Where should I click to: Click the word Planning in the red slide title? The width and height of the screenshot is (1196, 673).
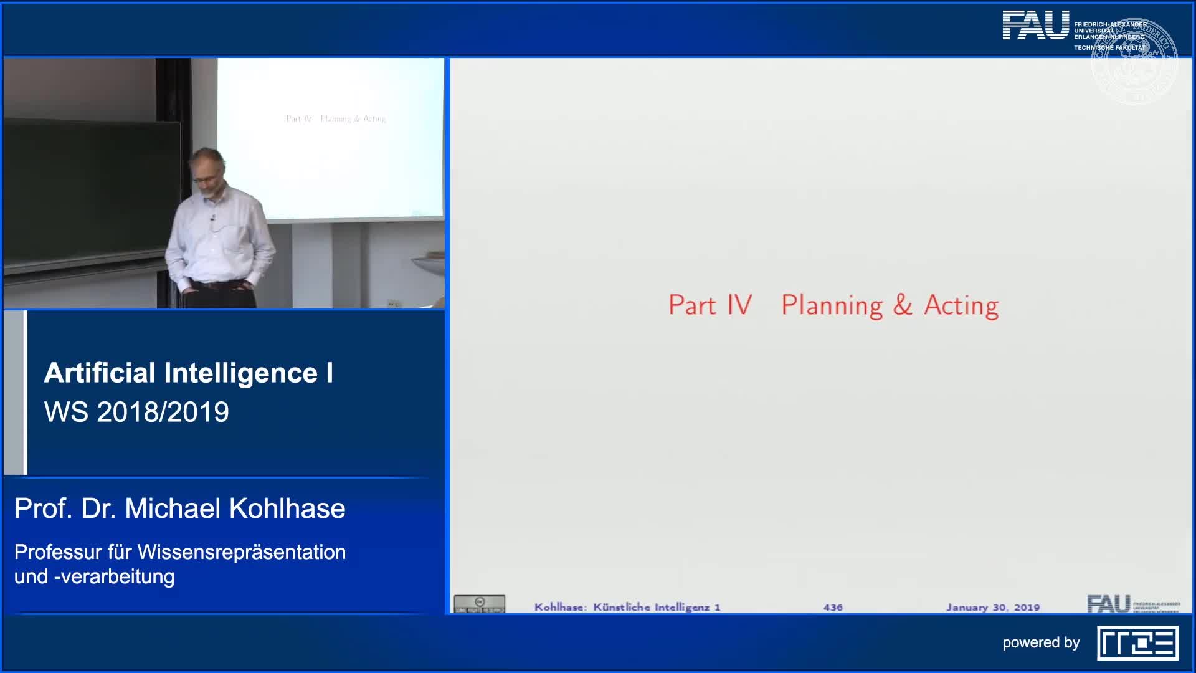pos(832,305)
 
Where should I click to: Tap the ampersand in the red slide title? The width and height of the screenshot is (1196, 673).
pos(902,305)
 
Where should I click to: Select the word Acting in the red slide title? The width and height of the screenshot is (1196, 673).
pos(961,305)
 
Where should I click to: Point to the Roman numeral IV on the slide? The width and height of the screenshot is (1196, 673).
pos(739,305)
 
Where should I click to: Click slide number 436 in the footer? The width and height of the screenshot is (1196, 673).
pos(833,607)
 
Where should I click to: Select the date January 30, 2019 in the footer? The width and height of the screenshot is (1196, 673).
pos(992,607)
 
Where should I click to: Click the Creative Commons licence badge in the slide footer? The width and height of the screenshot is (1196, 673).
pos(479,604)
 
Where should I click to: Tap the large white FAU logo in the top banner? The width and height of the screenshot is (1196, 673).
pos(1035,26)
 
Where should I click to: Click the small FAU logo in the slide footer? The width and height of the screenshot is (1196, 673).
pos(1109,604)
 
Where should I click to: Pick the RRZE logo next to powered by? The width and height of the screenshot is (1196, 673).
pos(1137,643)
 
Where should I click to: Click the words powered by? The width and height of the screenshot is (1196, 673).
pos(1040,642)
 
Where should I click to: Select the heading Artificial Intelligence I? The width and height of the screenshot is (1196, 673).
pos(188,373)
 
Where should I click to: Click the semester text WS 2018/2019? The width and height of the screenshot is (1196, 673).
pos(136,412)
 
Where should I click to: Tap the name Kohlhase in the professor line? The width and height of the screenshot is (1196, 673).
pos(287,508)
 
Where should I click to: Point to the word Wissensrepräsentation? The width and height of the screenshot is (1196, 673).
pos(242,552)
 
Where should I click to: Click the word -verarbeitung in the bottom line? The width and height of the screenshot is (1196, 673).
pos(114,576)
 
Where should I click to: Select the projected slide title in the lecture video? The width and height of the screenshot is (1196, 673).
pos(336,118)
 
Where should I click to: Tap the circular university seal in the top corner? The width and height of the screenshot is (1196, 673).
pos(1134,61)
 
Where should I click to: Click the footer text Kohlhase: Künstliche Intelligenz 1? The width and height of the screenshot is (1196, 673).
pos(627,607)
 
